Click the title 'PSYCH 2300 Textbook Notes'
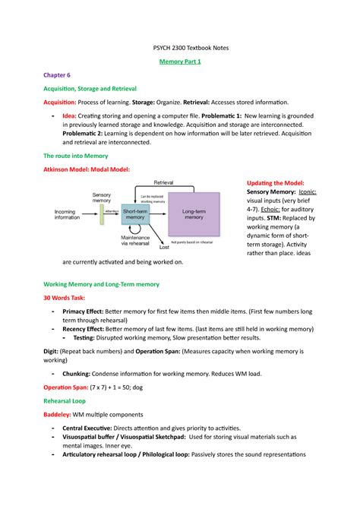pyautogui.click(x=180, y=48)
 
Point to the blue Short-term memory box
pyautogui.click(x=134, y=217)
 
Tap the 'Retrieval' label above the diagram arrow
pyautogui.click(x=163, y=184)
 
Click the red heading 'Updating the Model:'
pyautogui.click(x=276, y=183)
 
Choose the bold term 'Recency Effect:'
pyautogui.click(x=89, y=329)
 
